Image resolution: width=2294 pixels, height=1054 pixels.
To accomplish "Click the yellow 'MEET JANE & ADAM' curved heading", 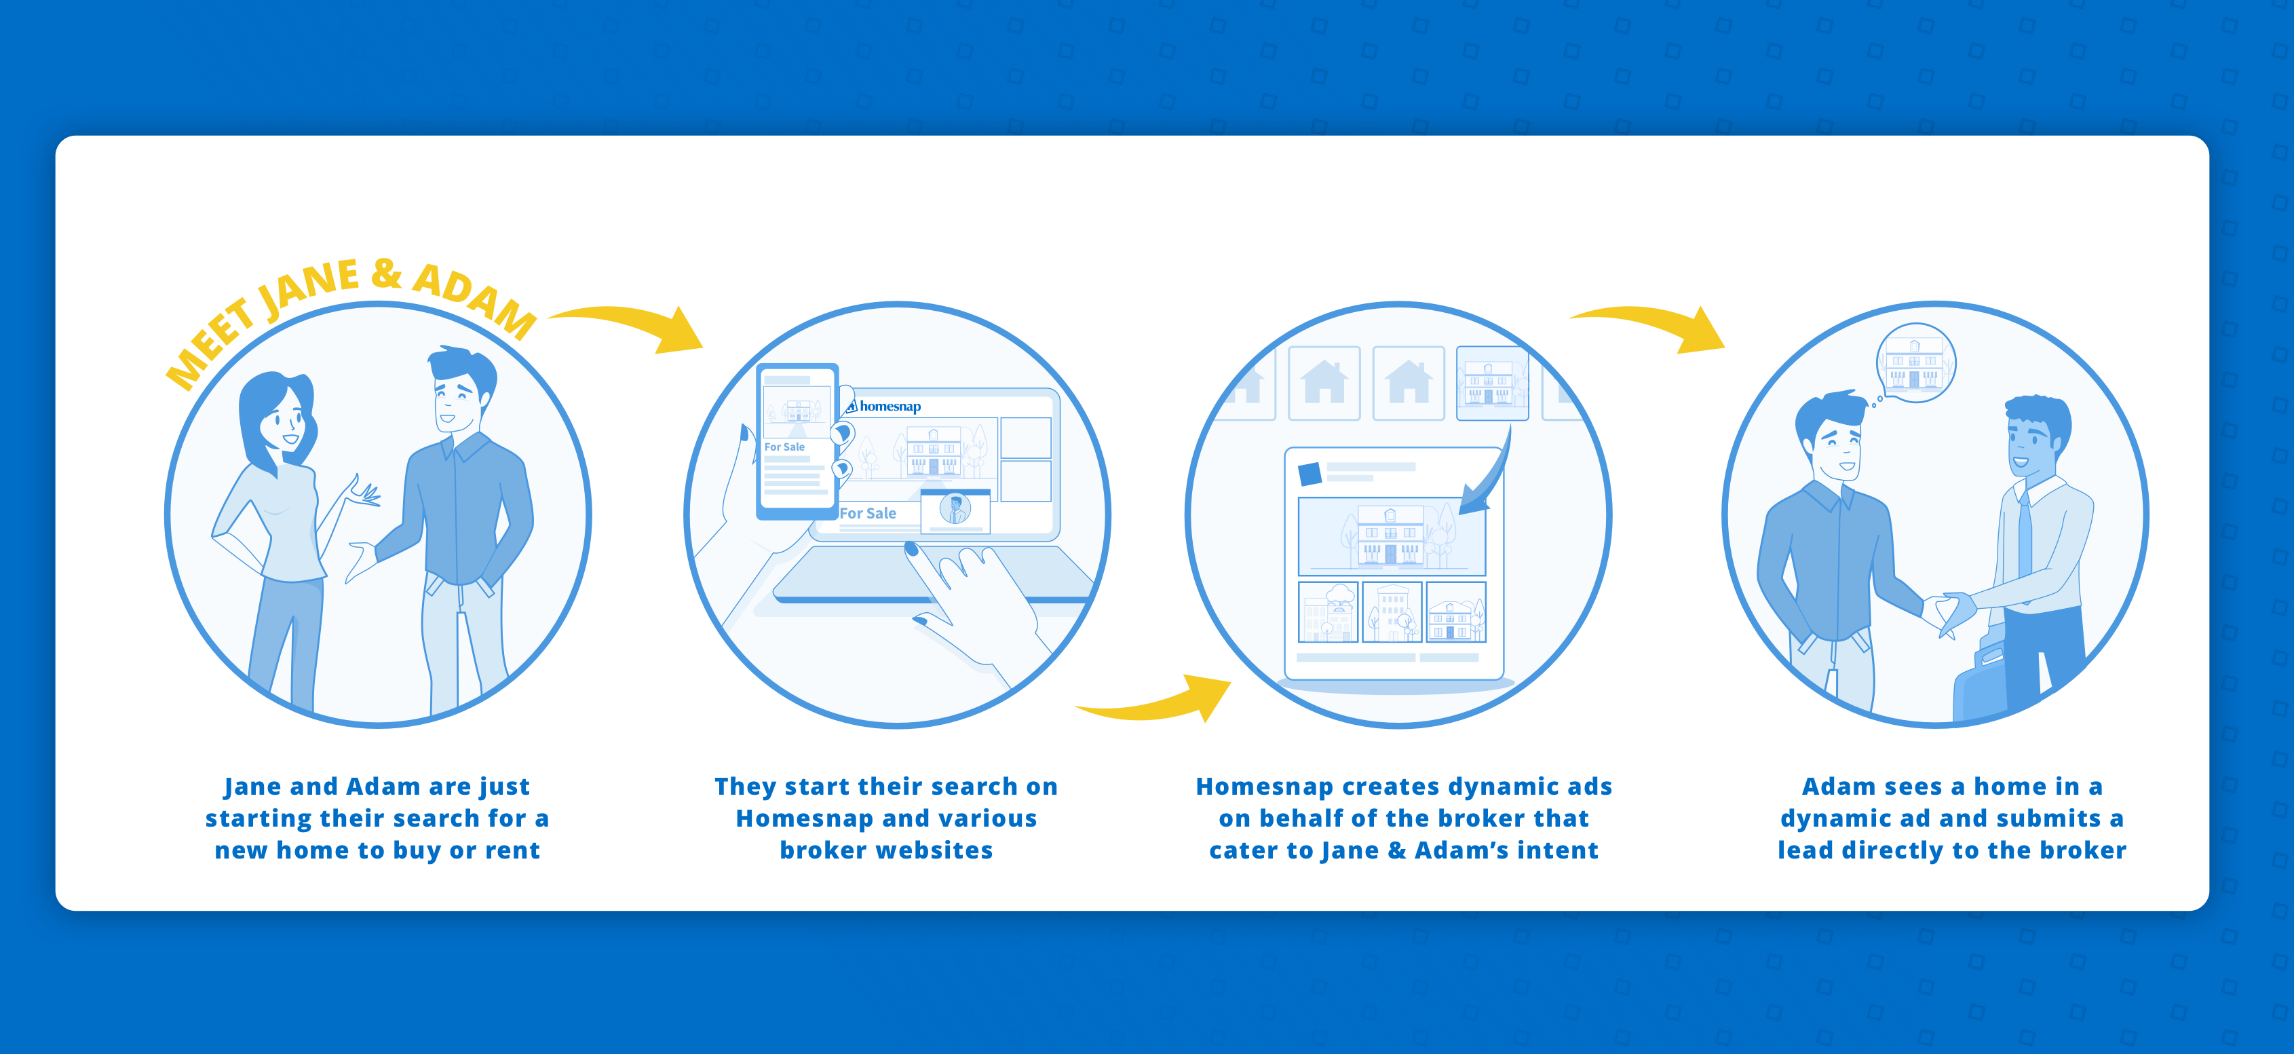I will [351, 307].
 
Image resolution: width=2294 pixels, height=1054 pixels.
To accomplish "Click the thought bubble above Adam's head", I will [1915, 362].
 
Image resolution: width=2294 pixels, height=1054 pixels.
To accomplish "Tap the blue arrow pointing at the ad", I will [1489, 481].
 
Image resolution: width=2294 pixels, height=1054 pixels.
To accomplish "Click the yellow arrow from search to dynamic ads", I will [1158, 700].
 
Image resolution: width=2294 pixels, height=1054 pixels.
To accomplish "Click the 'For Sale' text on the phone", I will [784, 447].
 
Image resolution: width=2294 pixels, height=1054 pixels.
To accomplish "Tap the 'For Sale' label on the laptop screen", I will [868, 513].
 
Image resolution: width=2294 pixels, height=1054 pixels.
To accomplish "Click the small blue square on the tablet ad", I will [1309, 473].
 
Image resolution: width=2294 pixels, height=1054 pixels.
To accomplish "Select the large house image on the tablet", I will [1392, 536].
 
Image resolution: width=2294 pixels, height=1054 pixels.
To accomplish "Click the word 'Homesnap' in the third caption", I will [1263, 787].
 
